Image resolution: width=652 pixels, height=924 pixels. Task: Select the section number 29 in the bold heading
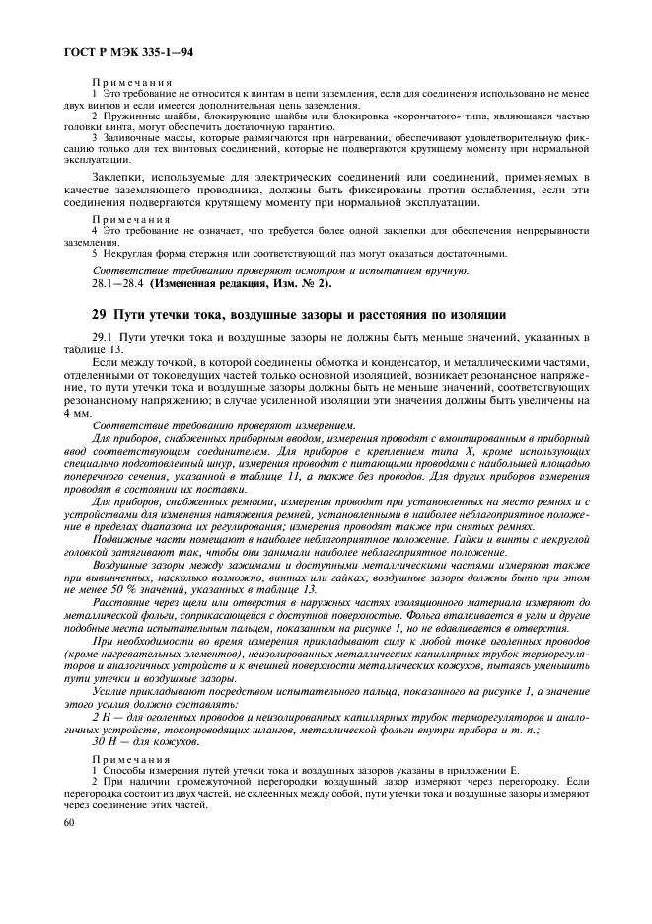click(x=97, y=314)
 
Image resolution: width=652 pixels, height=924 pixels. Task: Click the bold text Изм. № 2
click(x=298, y=283)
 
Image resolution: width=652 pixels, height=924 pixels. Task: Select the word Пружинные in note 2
click(x=130, y=115)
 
